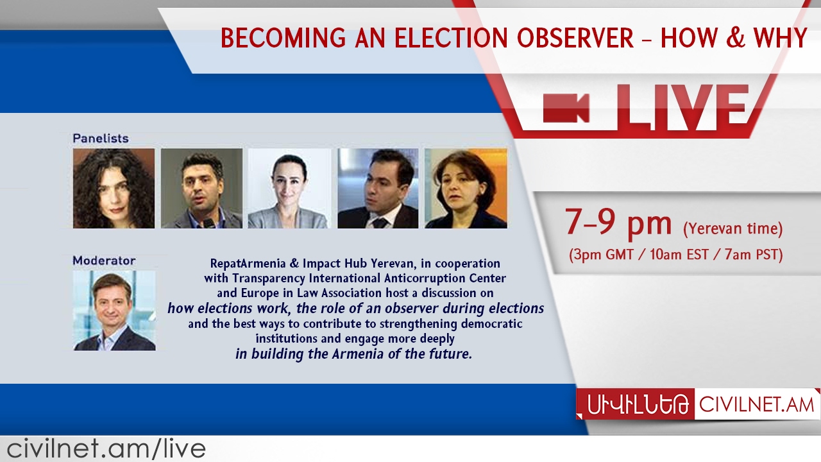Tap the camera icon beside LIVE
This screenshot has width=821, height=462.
566,107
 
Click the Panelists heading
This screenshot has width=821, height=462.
100,138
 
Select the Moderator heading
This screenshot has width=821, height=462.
104,261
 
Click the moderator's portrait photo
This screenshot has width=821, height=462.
114,311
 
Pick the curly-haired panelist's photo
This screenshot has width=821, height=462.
114,189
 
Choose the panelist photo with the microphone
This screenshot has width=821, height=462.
201,189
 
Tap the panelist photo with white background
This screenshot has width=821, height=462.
289,189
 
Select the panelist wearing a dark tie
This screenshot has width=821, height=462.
378,189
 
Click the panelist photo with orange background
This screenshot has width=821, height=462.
466,189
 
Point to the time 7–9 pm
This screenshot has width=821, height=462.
618,222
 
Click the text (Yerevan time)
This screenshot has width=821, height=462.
732,228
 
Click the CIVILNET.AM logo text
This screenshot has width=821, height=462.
756,405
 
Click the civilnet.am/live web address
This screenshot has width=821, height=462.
106,449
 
